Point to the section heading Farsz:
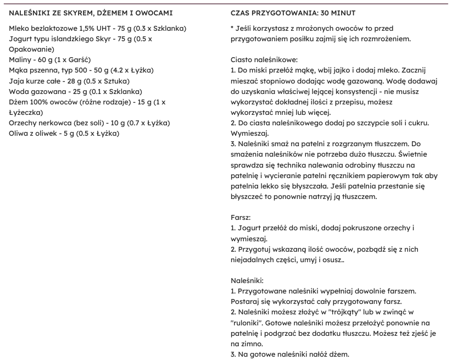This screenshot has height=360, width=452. tap(241, 217)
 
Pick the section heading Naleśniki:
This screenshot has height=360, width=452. tap(248, 280)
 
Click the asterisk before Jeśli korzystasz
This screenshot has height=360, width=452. tap(232, 28)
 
